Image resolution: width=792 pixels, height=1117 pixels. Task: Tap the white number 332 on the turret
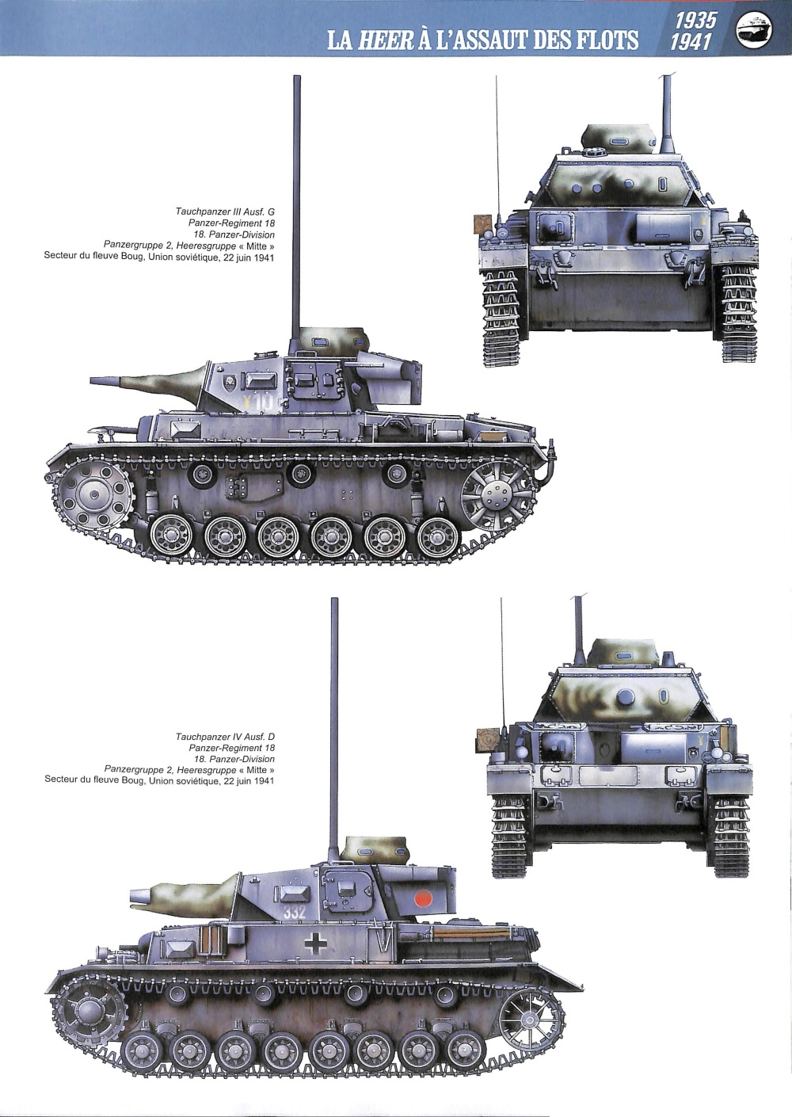(294, 913)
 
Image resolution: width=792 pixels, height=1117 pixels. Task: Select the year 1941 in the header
(691, 42)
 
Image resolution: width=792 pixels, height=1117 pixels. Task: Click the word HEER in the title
(385, 40)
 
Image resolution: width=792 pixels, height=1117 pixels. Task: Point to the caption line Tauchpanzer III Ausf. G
(225, 212)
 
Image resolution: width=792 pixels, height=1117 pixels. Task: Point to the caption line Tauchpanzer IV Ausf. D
(225, 737)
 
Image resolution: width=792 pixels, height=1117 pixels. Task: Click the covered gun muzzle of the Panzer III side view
(100, 381)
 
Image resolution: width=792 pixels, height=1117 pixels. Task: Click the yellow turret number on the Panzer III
(258, 402)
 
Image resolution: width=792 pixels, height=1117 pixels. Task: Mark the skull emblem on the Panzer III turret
(229, 383)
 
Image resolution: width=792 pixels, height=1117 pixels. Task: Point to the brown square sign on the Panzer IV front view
(487, 739)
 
